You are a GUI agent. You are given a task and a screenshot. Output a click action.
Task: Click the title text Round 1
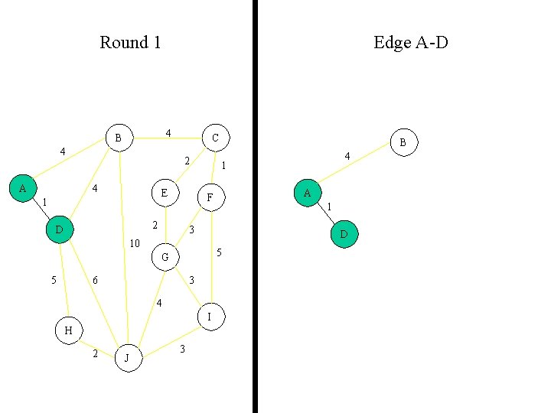[x=130, y=42]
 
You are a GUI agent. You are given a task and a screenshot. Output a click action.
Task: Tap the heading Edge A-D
[x=410, y=42]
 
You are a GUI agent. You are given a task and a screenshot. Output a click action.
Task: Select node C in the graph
[x=215, y=138]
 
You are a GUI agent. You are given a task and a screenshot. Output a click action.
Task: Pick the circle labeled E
[x=165, y=193]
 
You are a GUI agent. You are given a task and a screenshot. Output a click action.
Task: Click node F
[x=210, y=198]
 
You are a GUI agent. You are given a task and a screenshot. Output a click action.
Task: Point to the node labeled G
[x=165, y=257]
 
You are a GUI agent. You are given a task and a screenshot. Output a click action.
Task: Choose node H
[x=68, y=330]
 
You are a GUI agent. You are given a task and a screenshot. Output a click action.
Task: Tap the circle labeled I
[x=210, y=316]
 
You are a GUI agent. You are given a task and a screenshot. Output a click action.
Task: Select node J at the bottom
[x=129, y=358]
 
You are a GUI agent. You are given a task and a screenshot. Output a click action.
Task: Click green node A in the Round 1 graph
[x=22, y=188]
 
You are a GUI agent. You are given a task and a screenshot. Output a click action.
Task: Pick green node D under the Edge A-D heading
[x=344, y=234]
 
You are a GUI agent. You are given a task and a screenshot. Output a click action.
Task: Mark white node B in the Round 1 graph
[x=118, y=138]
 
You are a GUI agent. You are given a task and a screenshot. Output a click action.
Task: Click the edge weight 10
[x=134, y=244]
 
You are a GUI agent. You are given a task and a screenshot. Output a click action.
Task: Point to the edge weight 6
[x=95, y=281]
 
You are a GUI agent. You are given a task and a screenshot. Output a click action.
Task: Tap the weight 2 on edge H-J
[x=95, y=353]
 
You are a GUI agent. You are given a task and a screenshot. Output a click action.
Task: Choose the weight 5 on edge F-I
[x=219, y=252]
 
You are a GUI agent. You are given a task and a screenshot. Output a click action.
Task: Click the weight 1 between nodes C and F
[x=223, y=165]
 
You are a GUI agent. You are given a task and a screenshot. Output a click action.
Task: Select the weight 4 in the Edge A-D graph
[x=347, y=156]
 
